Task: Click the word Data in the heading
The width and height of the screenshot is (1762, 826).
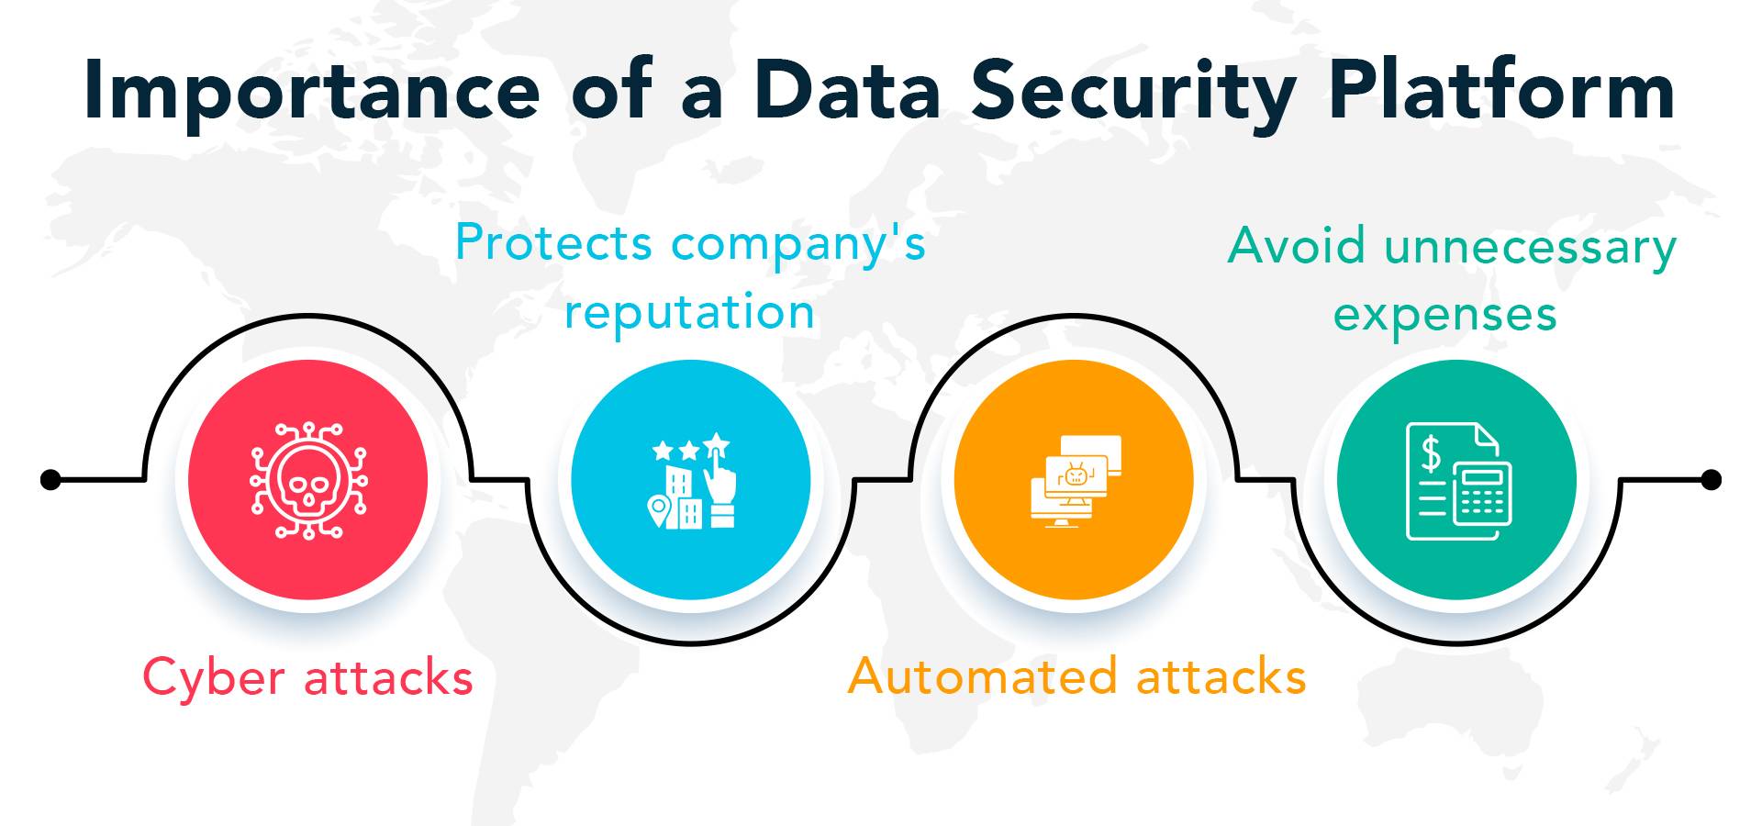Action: click(846, 92)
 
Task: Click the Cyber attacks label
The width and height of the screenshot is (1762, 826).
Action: click(307, 678)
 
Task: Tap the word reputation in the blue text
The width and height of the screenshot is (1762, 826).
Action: click(689, 312)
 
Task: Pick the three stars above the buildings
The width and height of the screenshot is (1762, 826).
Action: click(690, 449)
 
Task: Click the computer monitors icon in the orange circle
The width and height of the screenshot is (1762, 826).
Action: click(1075, 480)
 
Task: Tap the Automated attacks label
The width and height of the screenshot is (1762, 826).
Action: click(1076, 676)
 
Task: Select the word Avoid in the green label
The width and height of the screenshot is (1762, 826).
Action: click(1299, 246)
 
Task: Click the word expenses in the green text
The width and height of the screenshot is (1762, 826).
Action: click(1444, 315)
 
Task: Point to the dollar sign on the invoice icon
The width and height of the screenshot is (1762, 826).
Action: click(1430, 453)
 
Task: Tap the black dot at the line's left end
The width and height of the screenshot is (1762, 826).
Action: click(51, 479)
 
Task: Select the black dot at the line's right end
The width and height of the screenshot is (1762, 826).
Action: click(1711, 479)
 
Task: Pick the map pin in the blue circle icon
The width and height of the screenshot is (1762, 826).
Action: click(657, 510)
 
